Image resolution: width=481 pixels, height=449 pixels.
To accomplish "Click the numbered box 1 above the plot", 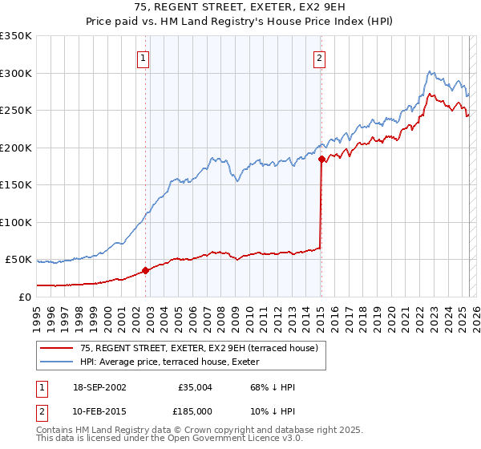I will pyautogui.click(x=143, y=57).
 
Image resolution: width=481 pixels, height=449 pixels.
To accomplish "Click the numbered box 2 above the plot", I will pyautogui.click(x=319, y=57).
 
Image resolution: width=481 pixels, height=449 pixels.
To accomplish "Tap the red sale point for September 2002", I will pyautogui.click(x=145, y=271).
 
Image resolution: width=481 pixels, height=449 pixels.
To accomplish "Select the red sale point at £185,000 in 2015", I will pyautogui.click(x=321, y=160).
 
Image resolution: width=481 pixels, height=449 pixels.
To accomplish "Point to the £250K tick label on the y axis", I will pyautogui.click(x=16, y=111).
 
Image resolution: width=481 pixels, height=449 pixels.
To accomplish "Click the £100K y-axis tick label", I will pyautogui.click(x=16, y=222).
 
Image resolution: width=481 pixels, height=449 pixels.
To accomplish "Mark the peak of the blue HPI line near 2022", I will pyautogui.click(x=430, y=71).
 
